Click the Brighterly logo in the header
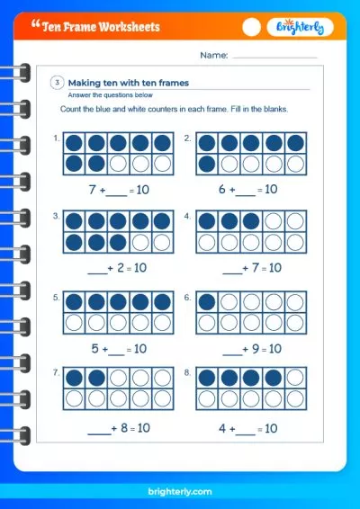(x=301, y=28)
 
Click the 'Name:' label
(x=214, y=56)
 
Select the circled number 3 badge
(x=57, y=83)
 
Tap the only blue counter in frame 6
(x=206, y=302)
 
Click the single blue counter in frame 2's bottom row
(x=206, y=164)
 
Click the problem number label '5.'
(x=57, y=296)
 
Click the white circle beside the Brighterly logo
(x=253, y=28)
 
